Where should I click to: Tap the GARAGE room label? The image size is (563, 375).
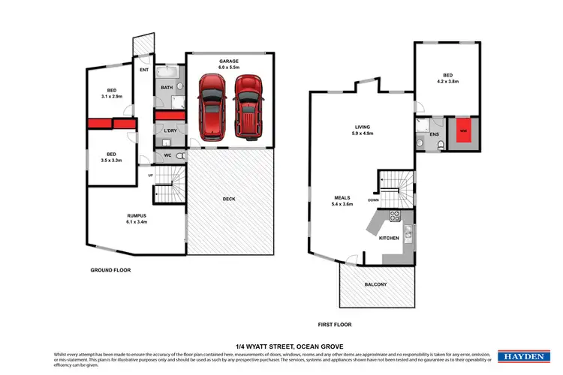pos(229,61)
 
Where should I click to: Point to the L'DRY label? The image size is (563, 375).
pos(170,131)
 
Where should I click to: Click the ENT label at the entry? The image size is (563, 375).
pos(144,70)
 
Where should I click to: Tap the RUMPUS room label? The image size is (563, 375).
pos(136,216)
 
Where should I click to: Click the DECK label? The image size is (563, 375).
pos(230,199)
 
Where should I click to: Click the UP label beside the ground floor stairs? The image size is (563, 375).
pos(151,175)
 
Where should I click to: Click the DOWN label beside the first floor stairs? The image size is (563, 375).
pos(373,200)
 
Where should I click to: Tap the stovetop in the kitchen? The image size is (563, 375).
pos(393,216)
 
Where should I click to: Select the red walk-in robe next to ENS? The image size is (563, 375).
pos(463,130)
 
